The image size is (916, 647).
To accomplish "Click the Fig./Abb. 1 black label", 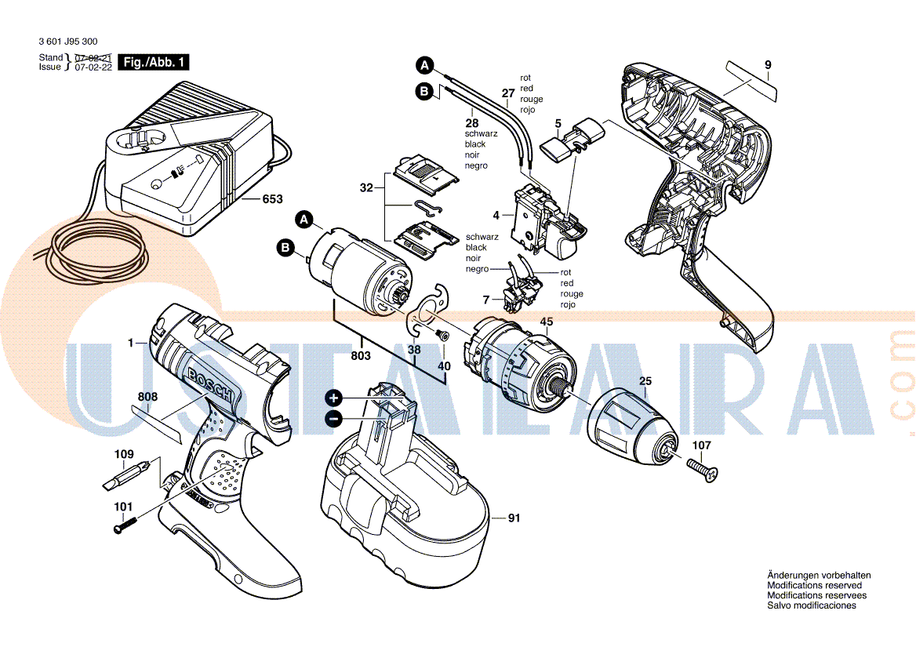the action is (154, 62).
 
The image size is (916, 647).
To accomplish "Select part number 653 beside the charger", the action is (272, 199).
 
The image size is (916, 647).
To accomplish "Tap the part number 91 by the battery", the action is (514, 518).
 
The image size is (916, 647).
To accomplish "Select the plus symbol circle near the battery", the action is (333, 398).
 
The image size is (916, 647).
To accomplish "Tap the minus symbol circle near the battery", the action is (333, 418).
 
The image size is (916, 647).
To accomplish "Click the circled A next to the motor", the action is (304, 220).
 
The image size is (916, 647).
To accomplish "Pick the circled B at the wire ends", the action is (425, 91).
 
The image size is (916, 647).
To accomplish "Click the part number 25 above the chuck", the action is (645, 381).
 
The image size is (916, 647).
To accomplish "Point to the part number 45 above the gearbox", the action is (546, 322).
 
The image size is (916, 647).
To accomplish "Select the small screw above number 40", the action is (443, 335).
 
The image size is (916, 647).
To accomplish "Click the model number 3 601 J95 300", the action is (68, 42).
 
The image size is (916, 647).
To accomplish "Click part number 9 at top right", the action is (768, 65).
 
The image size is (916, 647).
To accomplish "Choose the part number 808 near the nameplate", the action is (147, 397).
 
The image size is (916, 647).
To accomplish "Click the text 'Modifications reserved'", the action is (814, 585).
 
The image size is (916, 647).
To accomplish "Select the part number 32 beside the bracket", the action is (366, 188).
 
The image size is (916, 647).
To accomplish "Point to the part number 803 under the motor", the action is (361, 355).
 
